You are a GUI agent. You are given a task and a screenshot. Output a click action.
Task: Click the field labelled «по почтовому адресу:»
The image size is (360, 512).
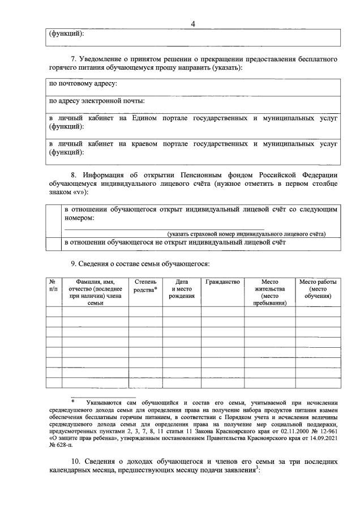click(192, 88)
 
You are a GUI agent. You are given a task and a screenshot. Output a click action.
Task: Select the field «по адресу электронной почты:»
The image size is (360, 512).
click(192, 105)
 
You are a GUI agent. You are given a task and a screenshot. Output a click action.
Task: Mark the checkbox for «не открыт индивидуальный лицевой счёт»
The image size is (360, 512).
click(54, 244)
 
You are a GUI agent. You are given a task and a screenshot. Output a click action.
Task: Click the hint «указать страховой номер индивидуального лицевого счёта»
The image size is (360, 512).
click(246, 234)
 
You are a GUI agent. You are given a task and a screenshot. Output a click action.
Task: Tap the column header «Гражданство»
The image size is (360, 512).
click(223, 281)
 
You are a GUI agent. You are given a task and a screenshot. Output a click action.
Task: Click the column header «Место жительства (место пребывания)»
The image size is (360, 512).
click(269, 292)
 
